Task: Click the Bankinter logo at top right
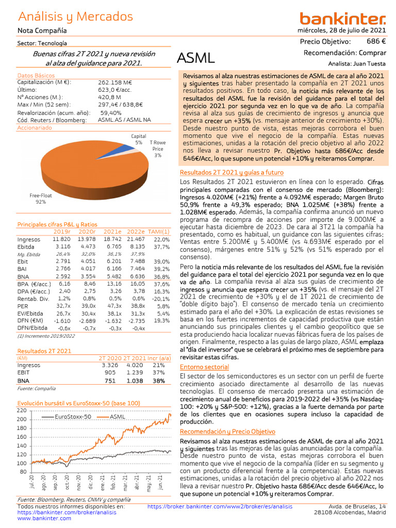tap(342, 19)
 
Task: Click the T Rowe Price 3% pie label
tap(157, 148)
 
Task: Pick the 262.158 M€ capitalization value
tap(115, 82)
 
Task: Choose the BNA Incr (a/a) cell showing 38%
tap(158, 381)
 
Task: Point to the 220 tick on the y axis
tap(22, 410)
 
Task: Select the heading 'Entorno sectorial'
tap(204, 367)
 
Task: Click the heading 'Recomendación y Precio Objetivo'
tap(227, 431)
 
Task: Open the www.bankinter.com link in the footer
tap(44, 518)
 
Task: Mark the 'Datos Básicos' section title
tap(36, 76)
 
